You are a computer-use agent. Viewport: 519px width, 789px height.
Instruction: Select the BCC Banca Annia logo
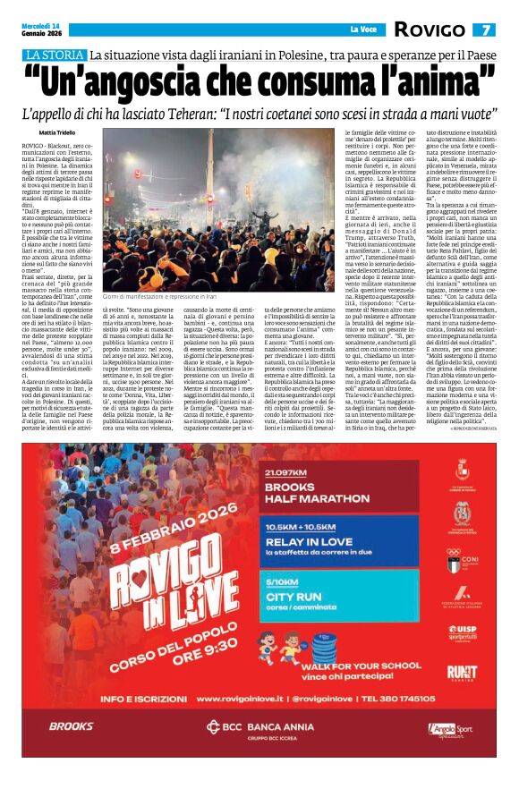[259, 752]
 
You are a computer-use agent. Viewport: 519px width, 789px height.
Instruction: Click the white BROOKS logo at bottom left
[69, 752]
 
